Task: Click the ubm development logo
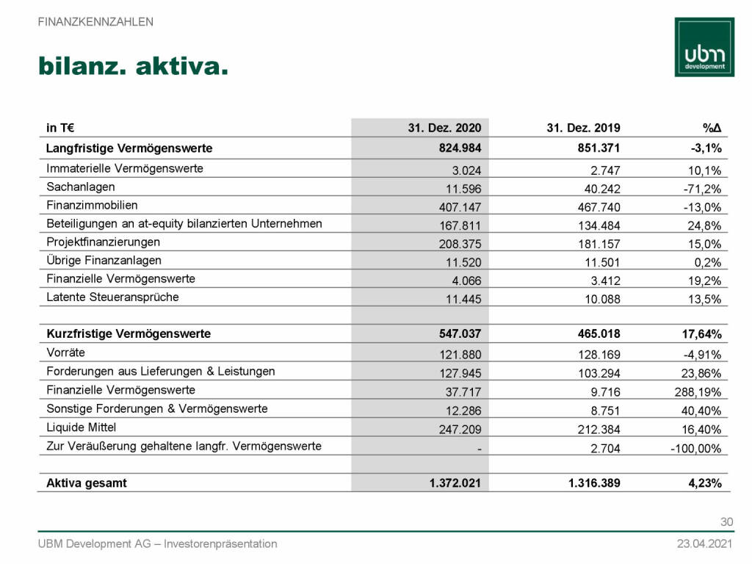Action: pyautogui.click(x=704, y=47)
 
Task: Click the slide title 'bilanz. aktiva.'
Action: pyautogui.click(x=133, y=67)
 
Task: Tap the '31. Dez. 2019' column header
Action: pyautogui.click(x=583, y=127)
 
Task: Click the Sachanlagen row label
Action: pyautogui.click(x=81, y=187)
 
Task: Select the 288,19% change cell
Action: pyautogui.click(x=696, y=391)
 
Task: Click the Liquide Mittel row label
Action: pyautogui.click(x=82, y=427)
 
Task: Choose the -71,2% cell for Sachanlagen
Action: pyautogui.click(x=701, y=187)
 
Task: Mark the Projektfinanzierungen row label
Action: pyautogui.click(x=103, y=242)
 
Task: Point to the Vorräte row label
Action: pyautogui.click(x=65, y=352)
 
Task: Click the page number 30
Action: pyautogui.click(x=726, y=522)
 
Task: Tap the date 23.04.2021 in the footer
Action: pyautogui.click(x=704, y=544)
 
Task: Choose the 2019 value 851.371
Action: pyautogui.click(x=597, y=148)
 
